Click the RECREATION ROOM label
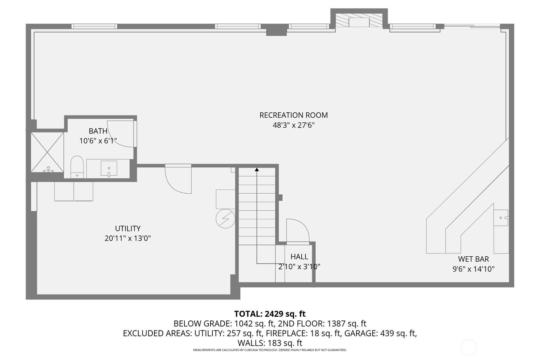(293, 115)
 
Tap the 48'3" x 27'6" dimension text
(294, 125)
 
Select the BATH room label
(98, 131)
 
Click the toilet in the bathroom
(77, 167)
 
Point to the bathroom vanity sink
(109, 168)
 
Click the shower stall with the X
(47, 152)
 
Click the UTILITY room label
(127, 228)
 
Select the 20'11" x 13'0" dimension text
(127, 238)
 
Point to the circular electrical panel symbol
(225, 219)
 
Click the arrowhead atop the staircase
(257, 170)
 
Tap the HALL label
(299, 257)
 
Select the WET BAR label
(473, 259)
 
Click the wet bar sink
(501, 218)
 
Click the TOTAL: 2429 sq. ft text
(270, 314)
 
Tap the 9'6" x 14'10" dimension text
(473, 269)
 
